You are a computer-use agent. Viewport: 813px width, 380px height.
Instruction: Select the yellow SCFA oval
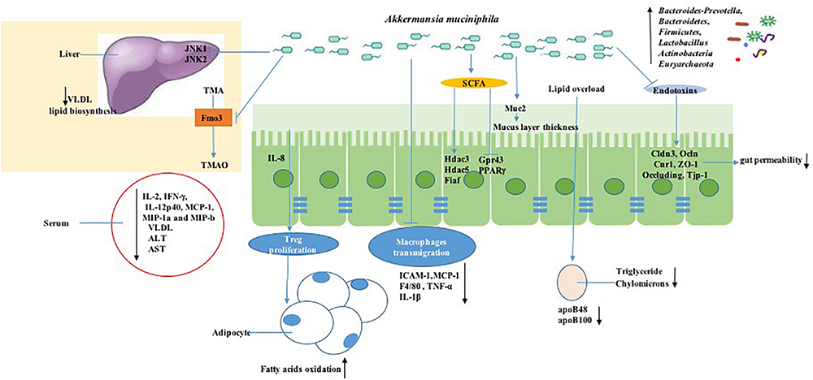click(x=468, y=83)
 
